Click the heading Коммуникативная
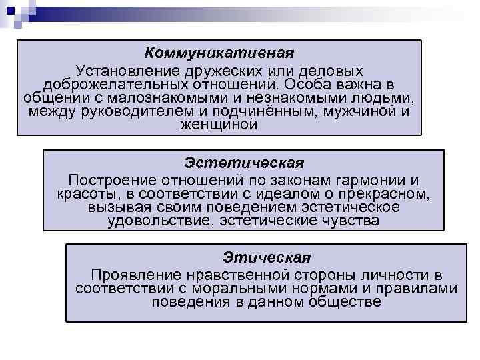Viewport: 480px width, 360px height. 219,53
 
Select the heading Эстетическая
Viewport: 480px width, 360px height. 243,163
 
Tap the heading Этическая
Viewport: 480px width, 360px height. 267,257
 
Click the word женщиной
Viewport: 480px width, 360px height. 219,124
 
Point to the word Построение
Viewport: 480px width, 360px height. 109,181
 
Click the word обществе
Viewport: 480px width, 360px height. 338,302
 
